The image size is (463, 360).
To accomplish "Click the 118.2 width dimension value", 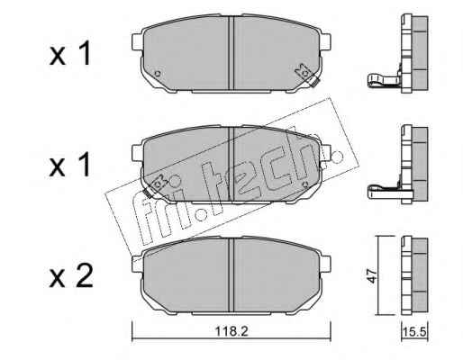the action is click(231, 332).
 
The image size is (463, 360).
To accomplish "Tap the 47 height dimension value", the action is click(372, 276).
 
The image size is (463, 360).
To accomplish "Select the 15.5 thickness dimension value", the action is click(414, 332).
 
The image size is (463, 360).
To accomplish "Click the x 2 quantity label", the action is click(71, 275).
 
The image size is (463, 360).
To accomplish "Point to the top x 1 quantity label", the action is click(70, 53).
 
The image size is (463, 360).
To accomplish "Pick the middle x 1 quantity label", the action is click(70, 164).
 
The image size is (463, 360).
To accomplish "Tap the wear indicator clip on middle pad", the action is click(155, 186).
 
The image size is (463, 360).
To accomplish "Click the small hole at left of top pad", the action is click(157, 74).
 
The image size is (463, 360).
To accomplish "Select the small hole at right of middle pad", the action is click(305, 184).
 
